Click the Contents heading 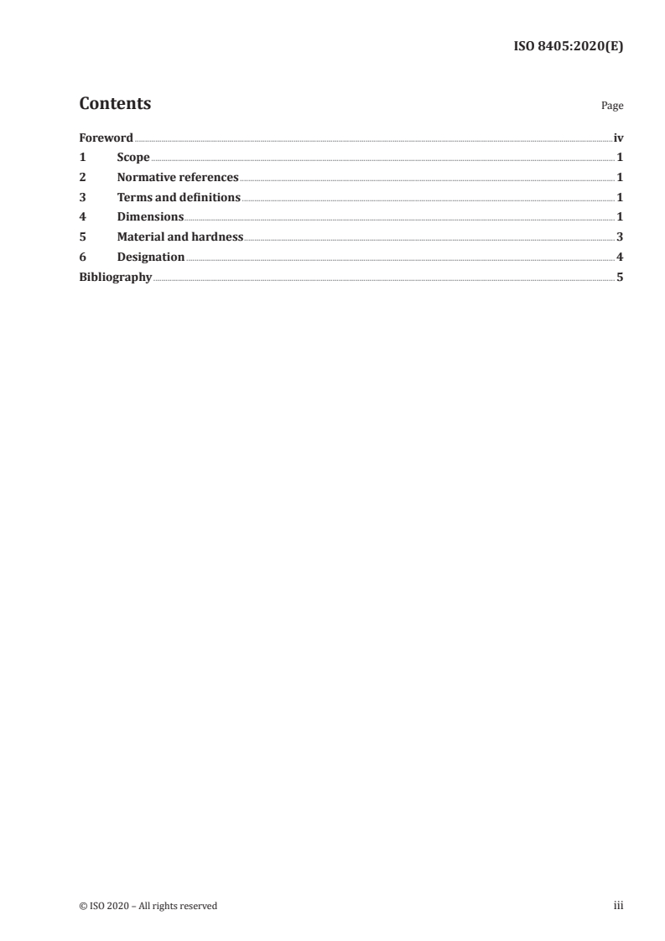point(115,104)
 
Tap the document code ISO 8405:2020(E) point(568,47)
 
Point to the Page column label point(612,107)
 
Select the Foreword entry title point(106,138)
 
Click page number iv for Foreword point(618,138)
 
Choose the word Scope point(133,158)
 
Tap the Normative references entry point(178,178)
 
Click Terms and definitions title point(179,198)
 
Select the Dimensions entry point(150,217)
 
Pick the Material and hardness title point(180,237)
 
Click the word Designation point(151,257)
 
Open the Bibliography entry point(115,277)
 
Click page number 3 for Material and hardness point(620,237)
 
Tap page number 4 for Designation point(620,257)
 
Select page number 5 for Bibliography point(620,277)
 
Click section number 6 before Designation point(82,257)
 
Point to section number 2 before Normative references point(82,178)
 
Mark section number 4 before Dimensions point(82,217)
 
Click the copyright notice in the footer point(148,906)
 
